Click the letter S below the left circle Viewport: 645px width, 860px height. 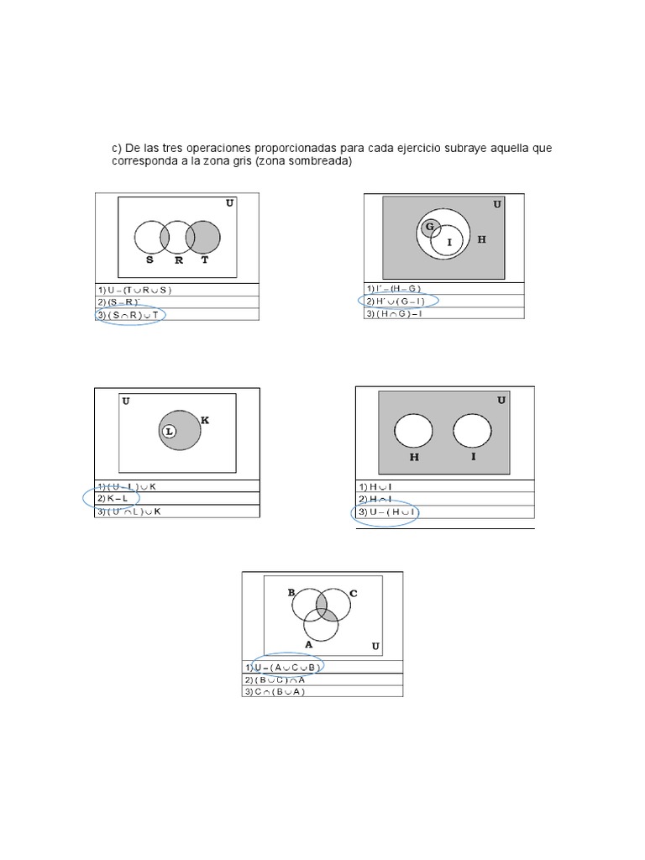pyautogui.click(x=150, y=260)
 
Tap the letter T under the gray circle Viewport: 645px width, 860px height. pyautogui.click(x=206, y=260)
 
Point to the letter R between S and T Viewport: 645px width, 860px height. pyautogui.click(x=178, y=260)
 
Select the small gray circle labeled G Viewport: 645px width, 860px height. pyautogui.click(x=430, y=227)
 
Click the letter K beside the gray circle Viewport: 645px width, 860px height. pyautogui.click(x=204, y=419)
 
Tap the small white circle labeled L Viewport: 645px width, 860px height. pyautogui.click(x=169, y=431)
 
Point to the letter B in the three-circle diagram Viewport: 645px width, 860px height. pyautogui.click(x=291, y=592)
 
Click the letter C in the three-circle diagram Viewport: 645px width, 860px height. pyautogui.click(x=354, y=593)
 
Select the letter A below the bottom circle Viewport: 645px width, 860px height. pyautogui.click(x=309, y=643)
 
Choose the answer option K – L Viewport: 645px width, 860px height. pyautogui.click(x=116, y=499)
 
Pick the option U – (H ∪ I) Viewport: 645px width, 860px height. pyautogui.click(x=388, y=512)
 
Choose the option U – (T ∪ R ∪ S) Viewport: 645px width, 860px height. pyautogui.click(x=134, y=290)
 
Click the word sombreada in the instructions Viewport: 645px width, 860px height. pyautogui.click(x=316, y=162)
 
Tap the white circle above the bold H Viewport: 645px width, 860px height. pyautogui.click(x=413, y=431)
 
